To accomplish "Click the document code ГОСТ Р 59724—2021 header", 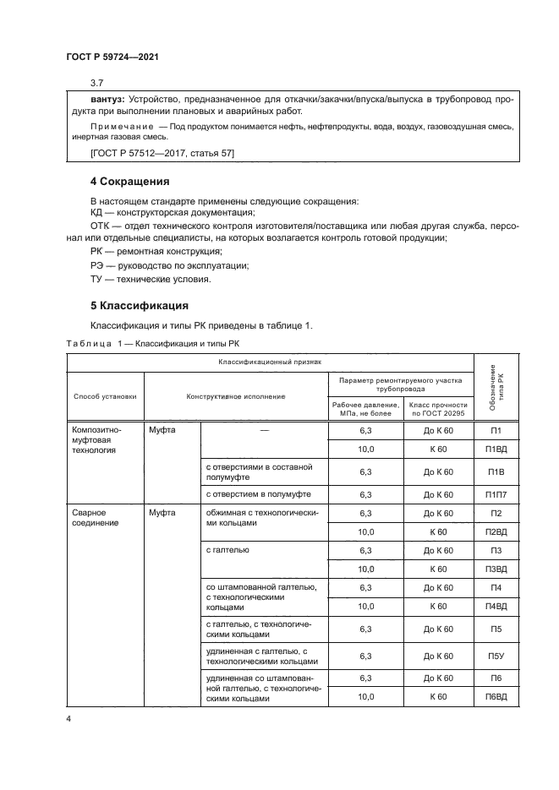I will [x=112, y=57].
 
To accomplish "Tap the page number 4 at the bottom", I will [x=70, y=718].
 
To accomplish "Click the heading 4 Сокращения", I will [x=130, y=182].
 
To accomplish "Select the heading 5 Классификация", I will [x=139, y=305].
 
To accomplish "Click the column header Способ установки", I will [x=105, y=395].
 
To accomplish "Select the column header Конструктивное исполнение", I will [x=236, y=395].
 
